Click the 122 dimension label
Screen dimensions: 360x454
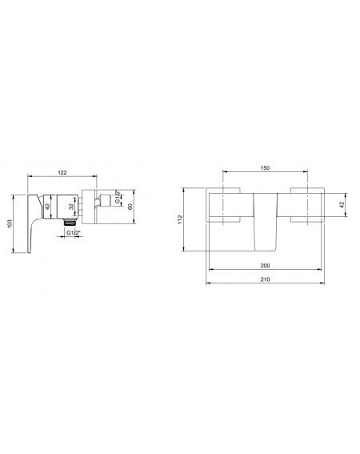62,173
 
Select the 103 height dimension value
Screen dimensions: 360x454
10,224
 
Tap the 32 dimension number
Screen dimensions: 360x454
71,207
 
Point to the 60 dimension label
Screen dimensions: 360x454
130,207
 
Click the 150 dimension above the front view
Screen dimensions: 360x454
265,168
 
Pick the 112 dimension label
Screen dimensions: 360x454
180,219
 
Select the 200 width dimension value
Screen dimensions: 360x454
265,266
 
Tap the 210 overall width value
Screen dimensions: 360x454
265,279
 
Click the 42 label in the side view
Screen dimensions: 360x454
47,207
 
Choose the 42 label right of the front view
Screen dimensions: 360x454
342,205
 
